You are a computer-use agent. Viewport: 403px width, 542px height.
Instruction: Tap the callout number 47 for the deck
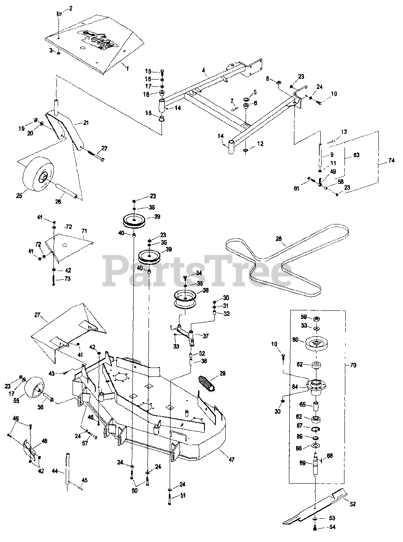(231, 459)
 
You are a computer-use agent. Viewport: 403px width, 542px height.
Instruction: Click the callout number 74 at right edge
(391, 161)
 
